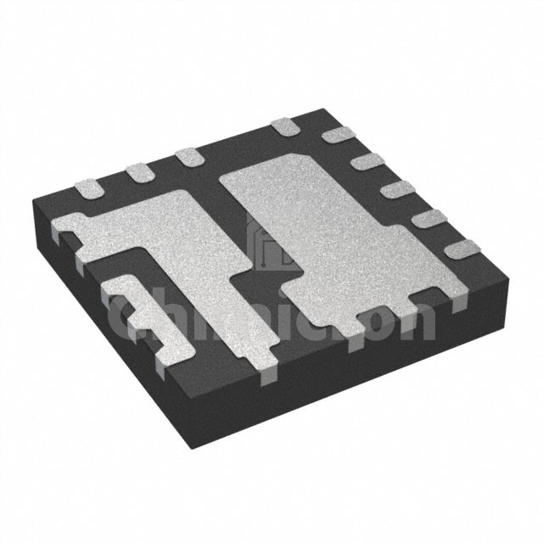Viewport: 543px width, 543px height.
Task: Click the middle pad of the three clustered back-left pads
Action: click(x=137, y=172)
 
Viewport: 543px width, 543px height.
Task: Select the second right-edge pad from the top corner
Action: click(x=367, y=161)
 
